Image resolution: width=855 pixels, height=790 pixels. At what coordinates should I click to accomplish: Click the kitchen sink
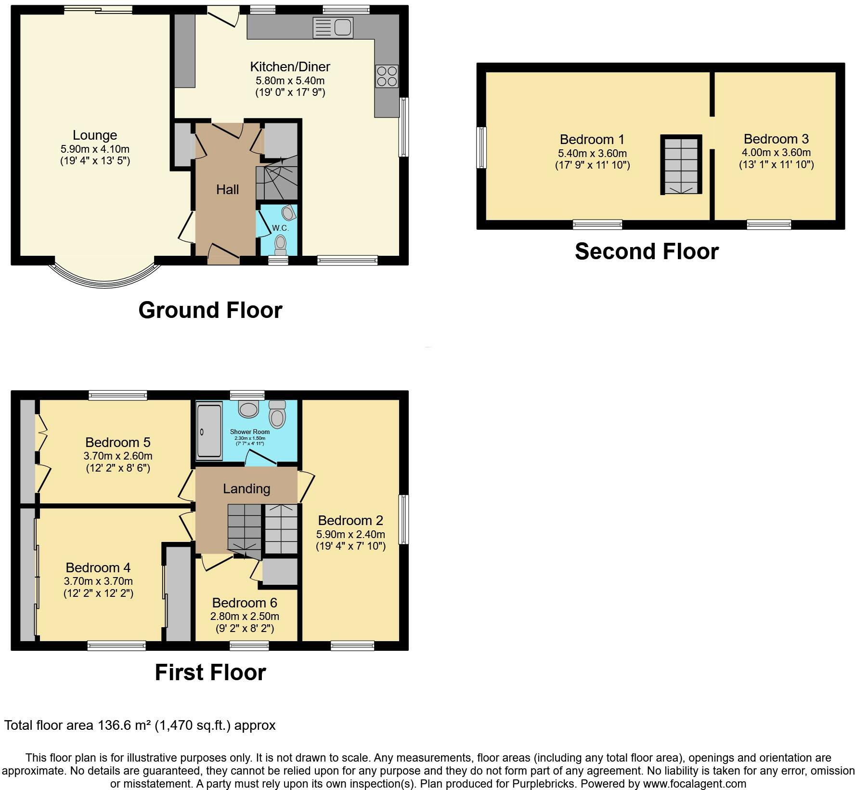[x=333, y=27]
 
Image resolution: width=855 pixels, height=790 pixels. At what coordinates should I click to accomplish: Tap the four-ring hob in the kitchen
[x=388, y=76]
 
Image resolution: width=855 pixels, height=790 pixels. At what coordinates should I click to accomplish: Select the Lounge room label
[x=95, y=135]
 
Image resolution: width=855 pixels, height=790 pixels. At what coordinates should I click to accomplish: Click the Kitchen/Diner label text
[x=290, y=66]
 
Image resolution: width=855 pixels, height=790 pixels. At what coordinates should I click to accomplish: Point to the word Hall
[x=227, y=189]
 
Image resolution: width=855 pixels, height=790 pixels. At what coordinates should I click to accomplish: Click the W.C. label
[x=280, y=228]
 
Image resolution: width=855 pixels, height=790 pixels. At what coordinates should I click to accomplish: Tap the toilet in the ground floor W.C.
[x=280, y=244]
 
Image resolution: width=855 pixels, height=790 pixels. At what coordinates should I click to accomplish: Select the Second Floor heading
[x=647, y=251]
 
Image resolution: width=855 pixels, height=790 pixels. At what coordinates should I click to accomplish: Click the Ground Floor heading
[x=210, y=310]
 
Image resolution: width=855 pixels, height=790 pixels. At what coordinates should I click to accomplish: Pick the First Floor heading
[x=210, y=672]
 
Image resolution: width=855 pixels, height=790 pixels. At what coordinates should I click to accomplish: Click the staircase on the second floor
[x=681, y=165]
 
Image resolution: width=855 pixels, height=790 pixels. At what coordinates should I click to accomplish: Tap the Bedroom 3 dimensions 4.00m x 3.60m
[x=776, y=153]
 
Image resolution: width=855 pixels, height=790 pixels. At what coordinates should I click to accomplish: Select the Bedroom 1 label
[x=592, y=140]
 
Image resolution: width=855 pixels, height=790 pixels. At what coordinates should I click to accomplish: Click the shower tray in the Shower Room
[x=209, y=431]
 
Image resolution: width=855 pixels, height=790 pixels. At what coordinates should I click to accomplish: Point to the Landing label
[x=246, y=489]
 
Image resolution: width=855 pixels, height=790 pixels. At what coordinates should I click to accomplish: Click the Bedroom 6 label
[x=245, y=603]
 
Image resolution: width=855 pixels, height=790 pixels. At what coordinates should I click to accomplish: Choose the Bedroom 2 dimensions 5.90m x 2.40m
[x=350, y=534]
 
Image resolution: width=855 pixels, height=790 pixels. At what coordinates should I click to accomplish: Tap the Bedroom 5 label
[x=118, y=442]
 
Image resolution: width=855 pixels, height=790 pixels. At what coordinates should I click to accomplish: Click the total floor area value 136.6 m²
[x=124, y=725]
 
